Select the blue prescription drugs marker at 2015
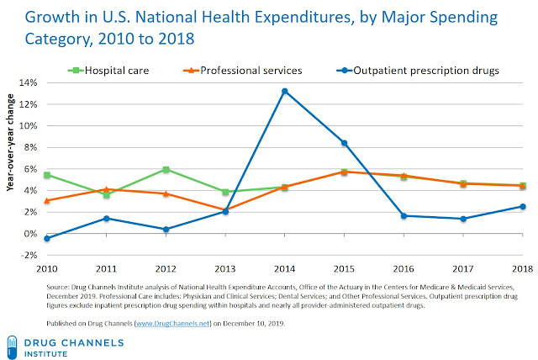pos(345,143)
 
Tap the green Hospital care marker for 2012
pos(166,170)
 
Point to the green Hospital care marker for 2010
pos(47,175)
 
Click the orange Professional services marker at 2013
pos(225,209)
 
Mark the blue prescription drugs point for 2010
pos(47,238)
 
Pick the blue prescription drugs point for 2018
pos(523,206)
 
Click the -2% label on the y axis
pos(28,255)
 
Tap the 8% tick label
pos(30,147)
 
